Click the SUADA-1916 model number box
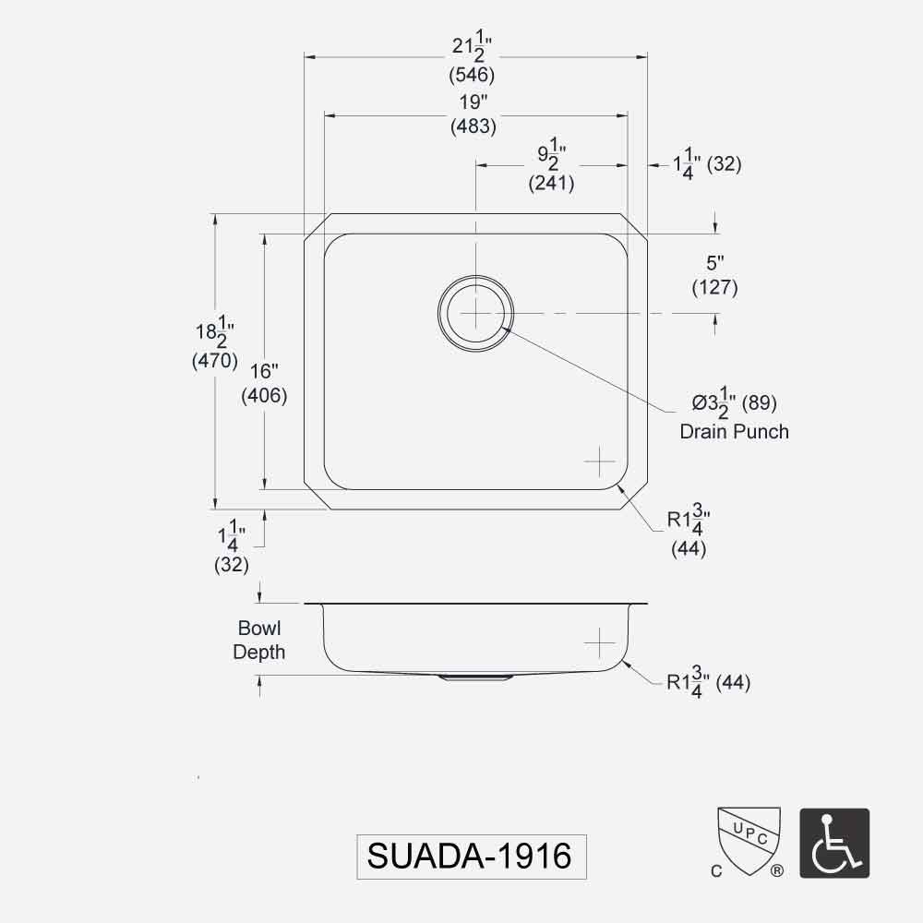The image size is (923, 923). click(x=471, y=857)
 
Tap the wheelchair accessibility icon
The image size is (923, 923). click(x=833, y=844)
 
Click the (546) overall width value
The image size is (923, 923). click(x=473, y=75)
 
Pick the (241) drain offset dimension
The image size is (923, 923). click(x=552, y=183)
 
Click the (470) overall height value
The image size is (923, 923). click(x=215, y=361)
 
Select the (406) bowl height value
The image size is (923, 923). click(x=264, y=396)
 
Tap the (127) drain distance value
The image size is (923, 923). click(x=714, y=287)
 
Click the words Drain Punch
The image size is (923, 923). click(x=734, y=431)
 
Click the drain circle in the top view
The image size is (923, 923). click(x=475, y=314)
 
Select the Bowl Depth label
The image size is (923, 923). click(x=258, y=641)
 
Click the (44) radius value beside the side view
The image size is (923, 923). click(x=734, y=683)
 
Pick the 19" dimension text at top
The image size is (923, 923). click(x=473, y=102)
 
